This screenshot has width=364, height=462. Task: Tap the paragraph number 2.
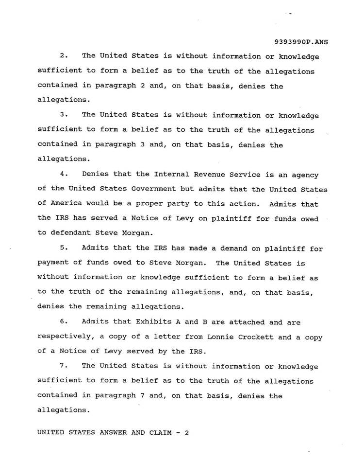click(63, 57)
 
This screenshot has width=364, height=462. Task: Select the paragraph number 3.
click(63, 115)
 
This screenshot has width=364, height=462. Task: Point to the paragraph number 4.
click(63, 174)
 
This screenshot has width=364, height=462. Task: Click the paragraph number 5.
click(63, 249)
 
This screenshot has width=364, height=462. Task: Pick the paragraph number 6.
click(63, 322)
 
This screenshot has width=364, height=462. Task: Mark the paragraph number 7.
click(63, 366)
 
